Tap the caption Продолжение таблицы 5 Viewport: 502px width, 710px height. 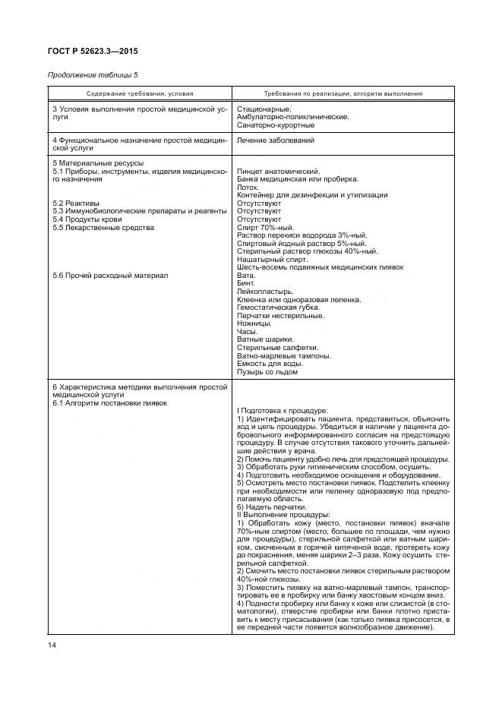tap(93, 74)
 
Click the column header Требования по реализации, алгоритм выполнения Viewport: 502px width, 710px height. tap(343, 93)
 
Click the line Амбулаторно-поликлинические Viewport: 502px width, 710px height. tap(293, 117)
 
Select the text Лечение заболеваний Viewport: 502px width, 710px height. tap(276, 140)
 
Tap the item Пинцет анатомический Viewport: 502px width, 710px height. tap(279, 172)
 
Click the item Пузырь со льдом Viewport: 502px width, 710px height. tap(267, 371)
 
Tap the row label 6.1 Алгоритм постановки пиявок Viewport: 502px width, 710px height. tap(110, 402)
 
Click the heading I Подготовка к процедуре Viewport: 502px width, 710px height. tap(283, 411)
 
